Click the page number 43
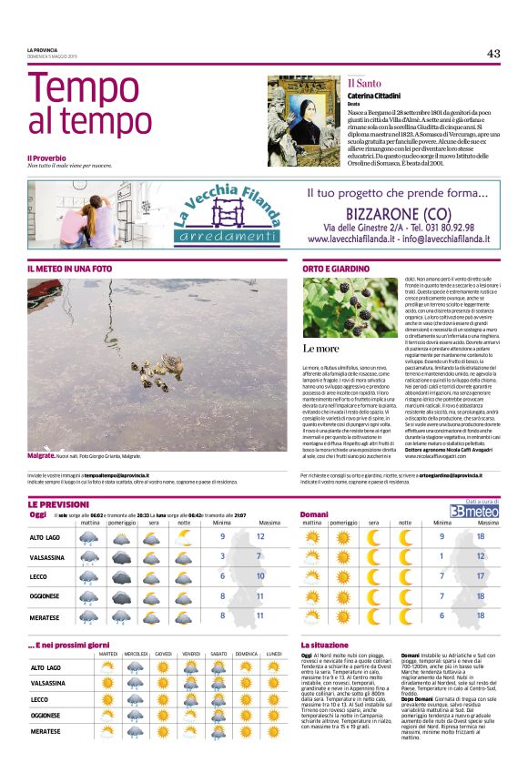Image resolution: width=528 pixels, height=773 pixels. [x=492, y=53]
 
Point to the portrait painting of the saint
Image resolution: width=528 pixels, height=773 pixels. [x=304, y=119]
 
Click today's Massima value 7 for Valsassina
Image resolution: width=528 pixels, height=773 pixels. [x=259, y=555]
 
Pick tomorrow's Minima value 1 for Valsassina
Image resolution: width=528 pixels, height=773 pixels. [x=442, y=555]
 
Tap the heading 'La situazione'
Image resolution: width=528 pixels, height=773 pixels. [x=324, y=645]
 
